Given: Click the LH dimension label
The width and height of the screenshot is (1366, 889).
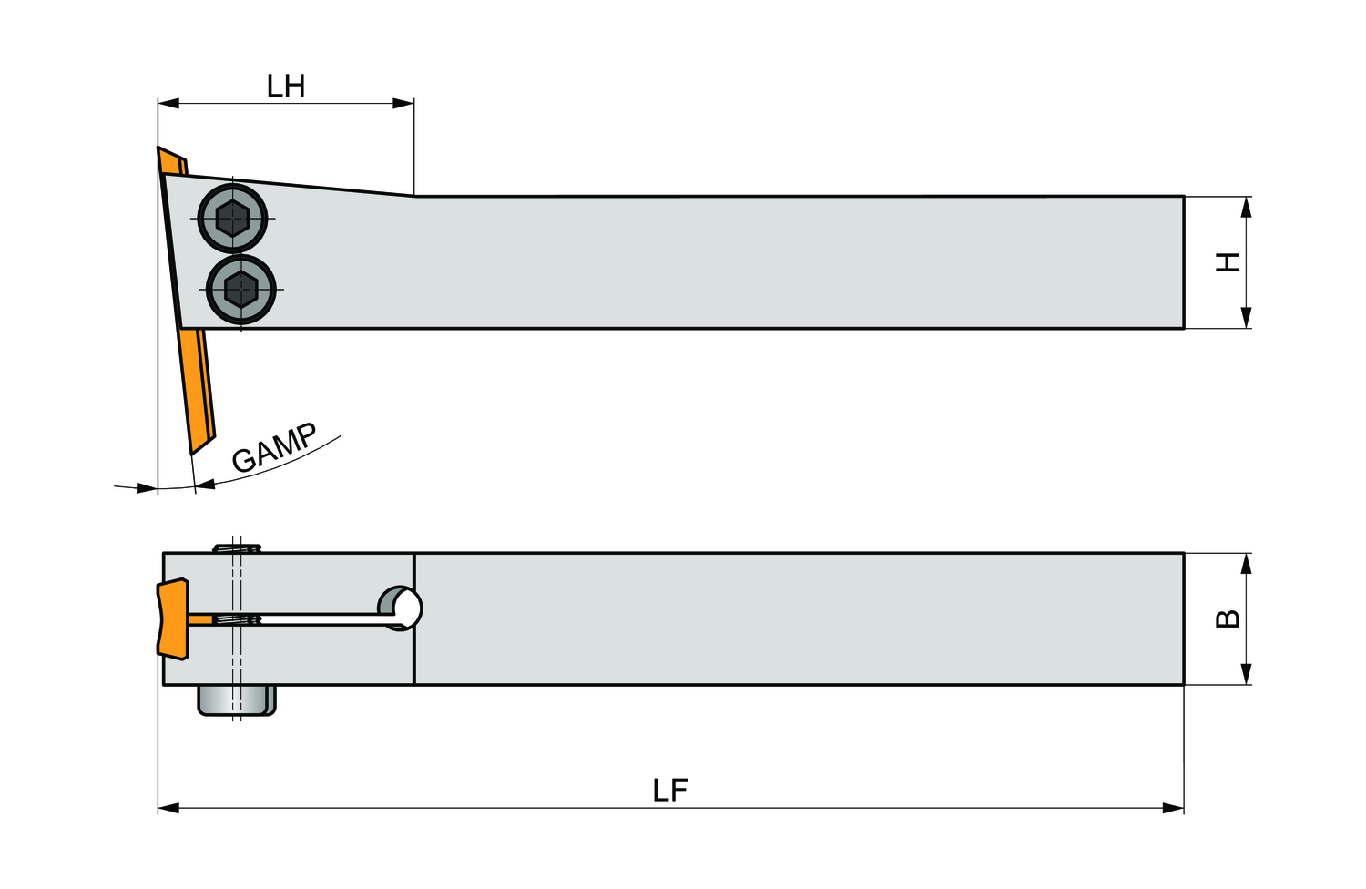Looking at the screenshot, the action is click(285, 86).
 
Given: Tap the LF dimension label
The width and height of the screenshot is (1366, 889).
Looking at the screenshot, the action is click(670, 790).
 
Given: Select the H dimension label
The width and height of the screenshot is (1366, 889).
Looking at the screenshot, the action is click(1228, 261).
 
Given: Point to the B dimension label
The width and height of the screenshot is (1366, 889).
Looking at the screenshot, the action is click(1228, 618).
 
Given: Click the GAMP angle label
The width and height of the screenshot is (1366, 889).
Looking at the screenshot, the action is click(274, 447).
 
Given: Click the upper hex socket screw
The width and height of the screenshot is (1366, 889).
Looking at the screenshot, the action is click(232, 219).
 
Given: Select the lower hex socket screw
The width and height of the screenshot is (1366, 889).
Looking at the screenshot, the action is click(241, 290).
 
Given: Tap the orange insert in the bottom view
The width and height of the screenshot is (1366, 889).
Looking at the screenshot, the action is click(173, 618).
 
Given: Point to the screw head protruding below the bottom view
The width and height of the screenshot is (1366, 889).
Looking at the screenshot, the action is click(237, 700).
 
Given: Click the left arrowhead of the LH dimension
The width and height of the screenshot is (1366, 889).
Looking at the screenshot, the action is click(168, 103).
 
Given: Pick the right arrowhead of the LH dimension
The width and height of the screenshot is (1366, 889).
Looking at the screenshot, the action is click(403, 103).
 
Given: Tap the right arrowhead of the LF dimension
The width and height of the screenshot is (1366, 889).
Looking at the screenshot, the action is click(1173, 809).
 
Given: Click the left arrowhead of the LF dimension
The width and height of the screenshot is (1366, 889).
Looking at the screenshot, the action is click(168, 809).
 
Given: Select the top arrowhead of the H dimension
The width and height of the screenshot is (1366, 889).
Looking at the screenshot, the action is click(1246, 208).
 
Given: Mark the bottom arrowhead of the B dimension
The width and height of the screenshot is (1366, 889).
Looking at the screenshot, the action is click(1246, 674).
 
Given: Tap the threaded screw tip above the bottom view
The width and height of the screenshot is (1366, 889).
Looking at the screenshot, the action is click(237, 548).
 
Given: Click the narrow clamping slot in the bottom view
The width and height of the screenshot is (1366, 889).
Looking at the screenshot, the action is click(292, 619).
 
